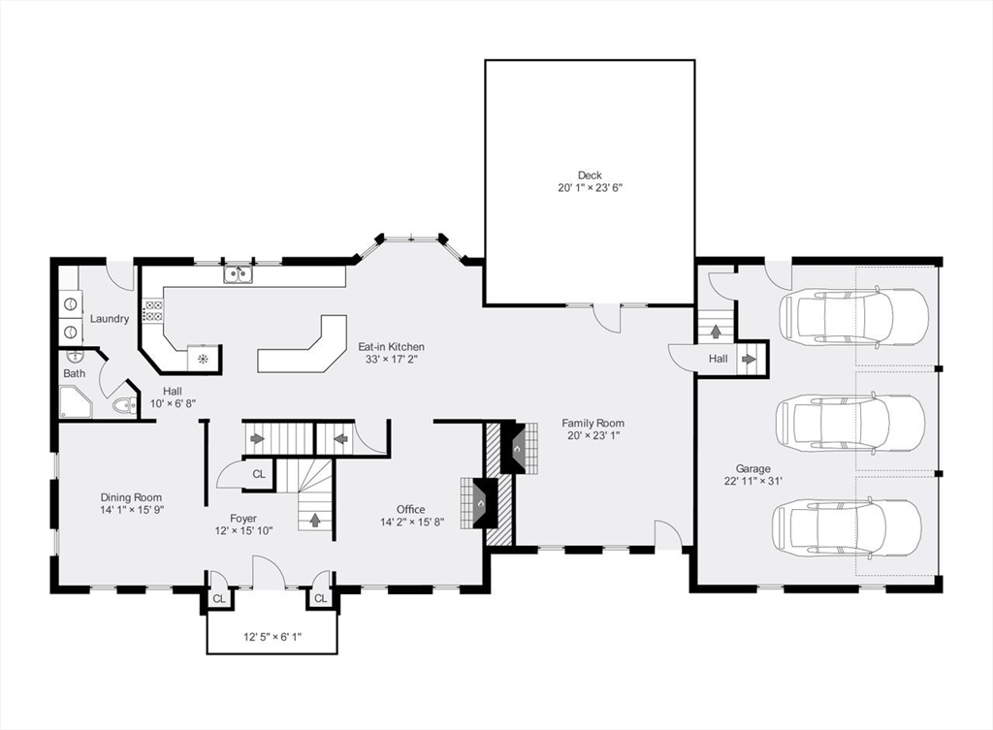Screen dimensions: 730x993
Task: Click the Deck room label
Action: (590, 175)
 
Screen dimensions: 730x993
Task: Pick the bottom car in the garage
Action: (846, 526)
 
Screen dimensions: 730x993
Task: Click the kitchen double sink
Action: (237, 276)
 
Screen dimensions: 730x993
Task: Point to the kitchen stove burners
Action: (153, 310)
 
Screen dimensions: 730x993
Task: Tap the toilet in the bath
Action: (122, 406)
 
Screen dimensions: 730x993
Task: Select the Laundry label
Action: (110, 319)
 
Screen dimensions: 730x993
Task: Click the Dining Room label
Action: (131, 497)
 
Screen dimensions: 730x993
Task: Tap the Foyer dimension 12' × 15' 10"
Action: (243, 530)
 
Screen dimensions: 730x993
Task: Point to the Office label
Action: (410, 509)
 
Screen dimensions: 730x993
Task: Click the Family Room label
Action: (593, 423)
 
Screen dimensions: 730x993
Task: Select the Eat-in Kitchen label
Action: (391, 346)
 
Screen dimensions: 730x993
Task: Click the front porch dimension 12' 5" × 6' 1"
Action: (272, 637)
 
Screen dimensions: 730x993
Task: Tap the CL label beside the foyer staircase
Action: (259, 474)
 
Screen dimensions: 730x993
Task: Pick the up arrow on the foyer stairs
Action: (315, 520)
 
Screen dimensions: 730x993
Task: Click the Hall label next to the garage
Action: (718, 359)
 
